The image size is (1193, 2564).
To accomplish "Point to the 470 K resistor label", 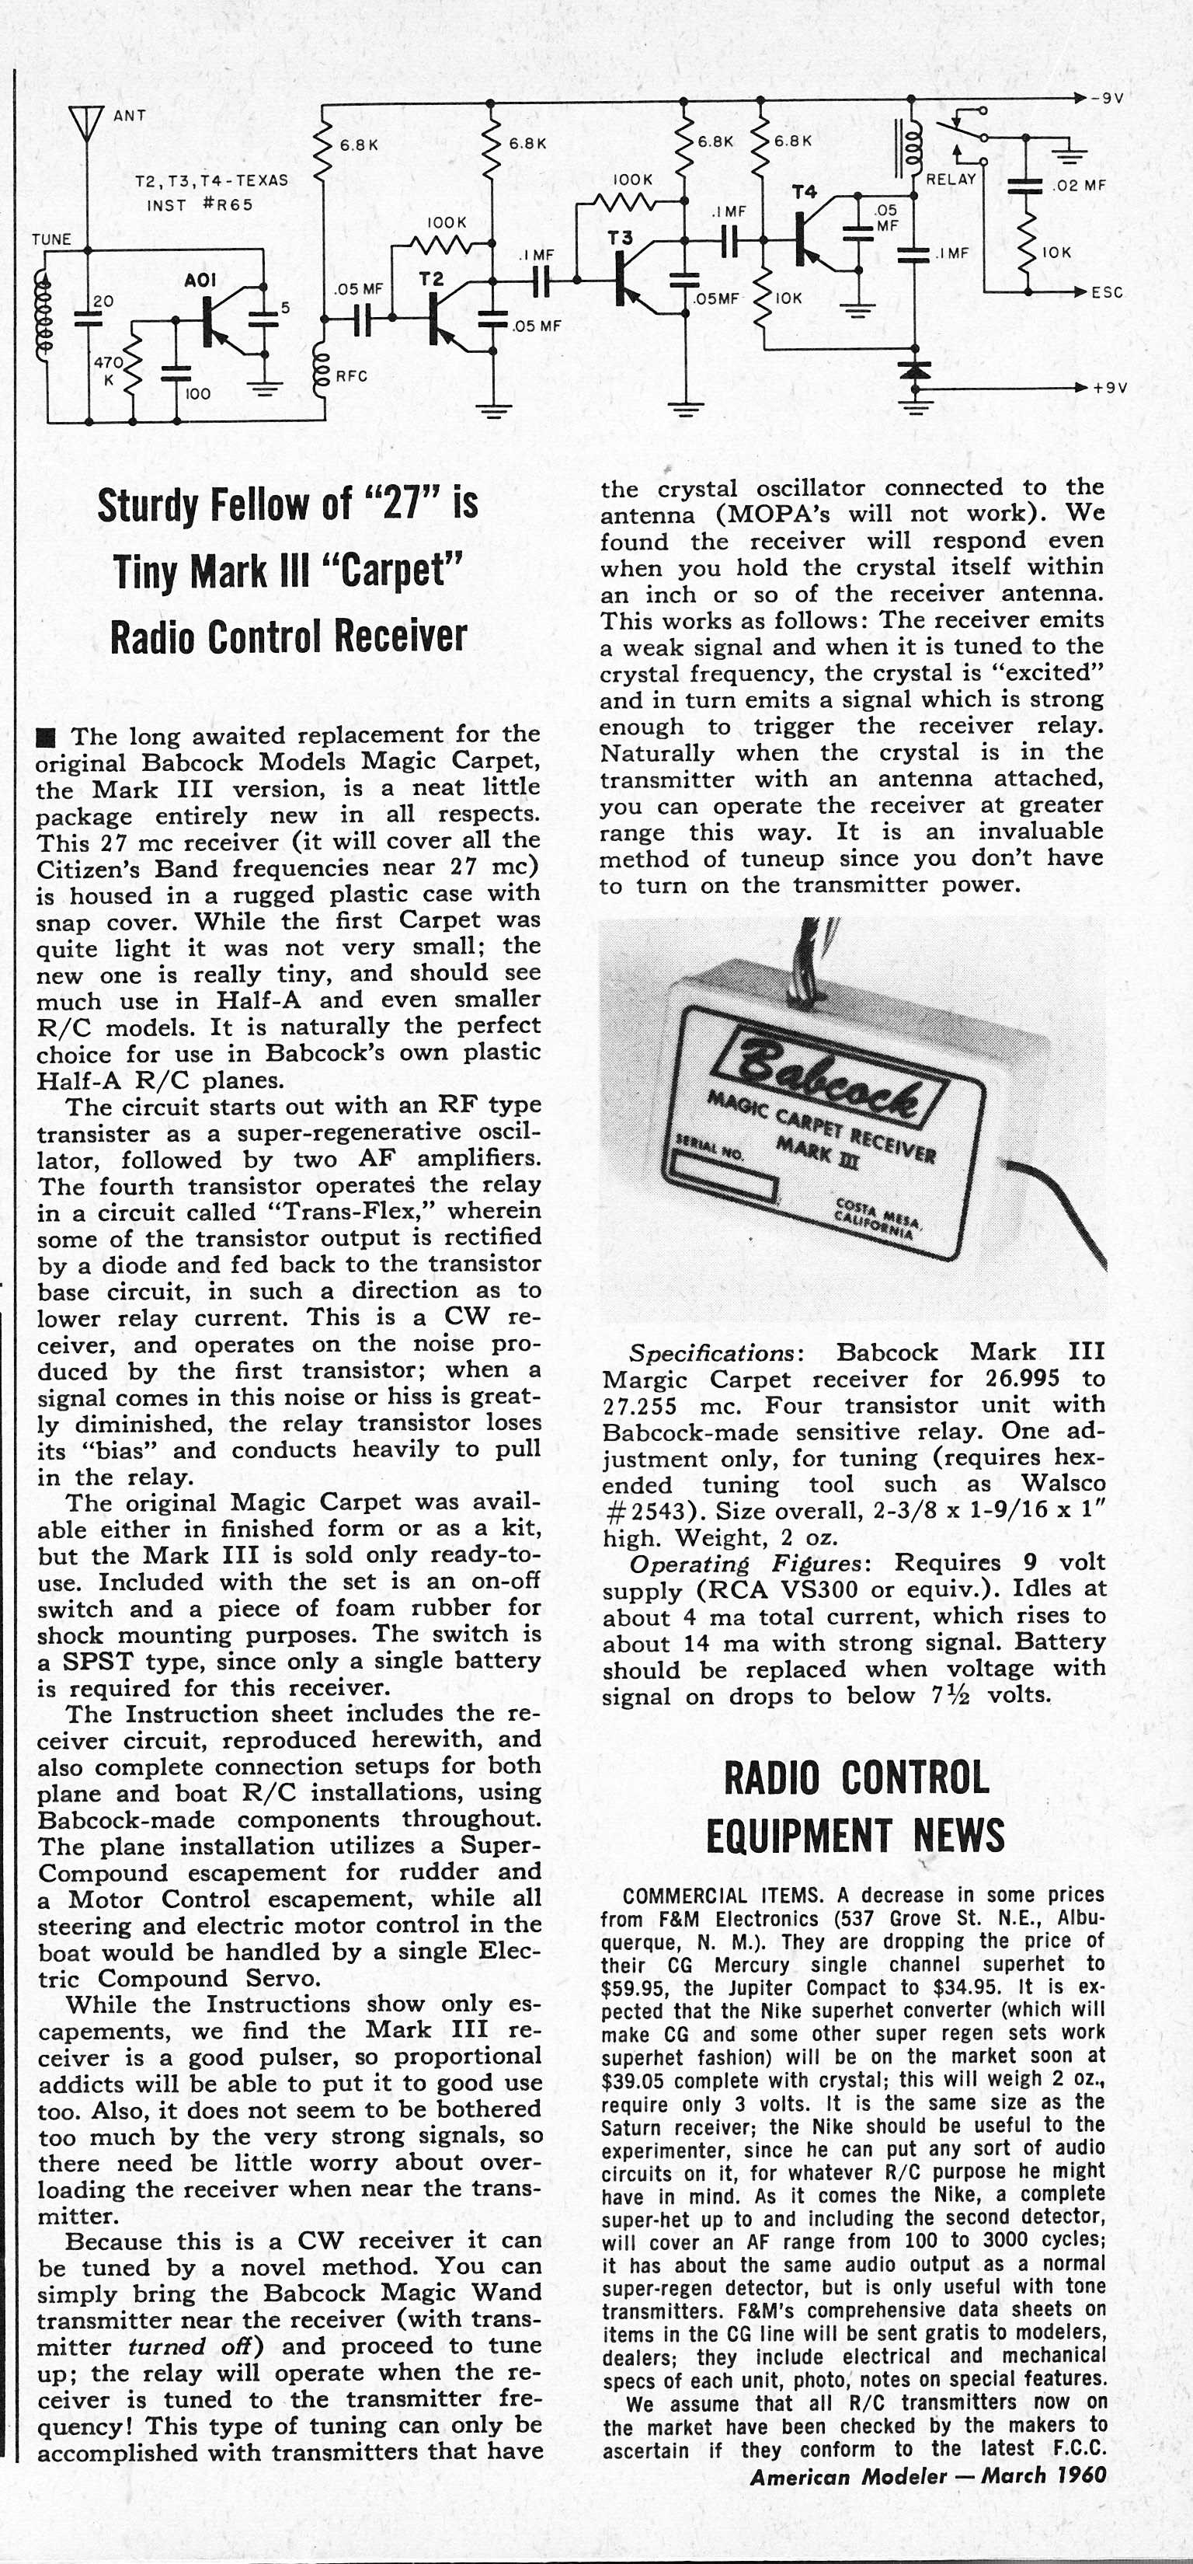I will pyautogui.click(x=107, y=372).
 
